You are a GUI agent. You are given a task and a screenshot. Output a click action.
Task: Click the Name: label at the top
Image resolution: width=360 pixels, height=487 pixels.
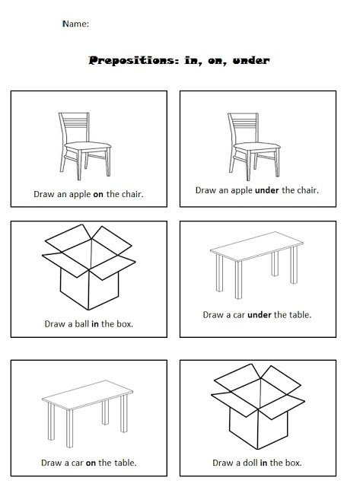[x=75, y=24]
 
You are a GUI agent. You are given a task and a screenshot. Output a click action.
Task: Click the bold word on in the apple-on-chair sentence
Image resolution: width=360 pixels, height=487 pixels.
[x=98, y=194]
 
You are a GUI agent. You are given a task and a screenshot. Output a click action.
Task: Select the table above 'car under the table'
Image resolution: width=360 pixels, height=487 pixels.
[x=254, y=266]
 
